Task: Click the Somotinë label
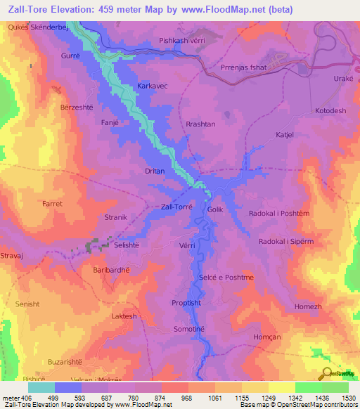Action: [190, 329]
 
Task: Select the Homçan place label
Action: [308, 335]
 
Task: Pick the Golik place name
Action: [215, 209]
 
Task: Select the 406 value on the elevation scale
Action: [23, 398]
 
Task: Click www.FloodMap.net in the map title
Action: [212, 8]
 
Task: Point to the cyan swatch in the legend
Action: [41, 387]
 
